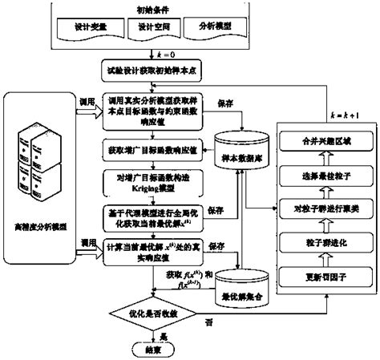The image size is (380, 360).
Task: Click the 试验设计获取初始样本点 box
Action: [154, 71]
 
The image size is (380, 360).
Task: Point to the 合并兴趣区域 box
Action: [325, 141]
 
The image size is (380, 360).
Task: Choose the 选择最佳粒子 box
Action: [325, 176]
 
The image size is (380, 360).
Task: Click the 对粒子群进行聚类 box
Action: [325, 209]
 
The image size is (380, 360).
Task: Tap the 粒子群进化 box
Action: [325, 243]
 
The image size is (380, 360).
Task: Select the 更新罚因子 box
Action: [325, 277]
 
